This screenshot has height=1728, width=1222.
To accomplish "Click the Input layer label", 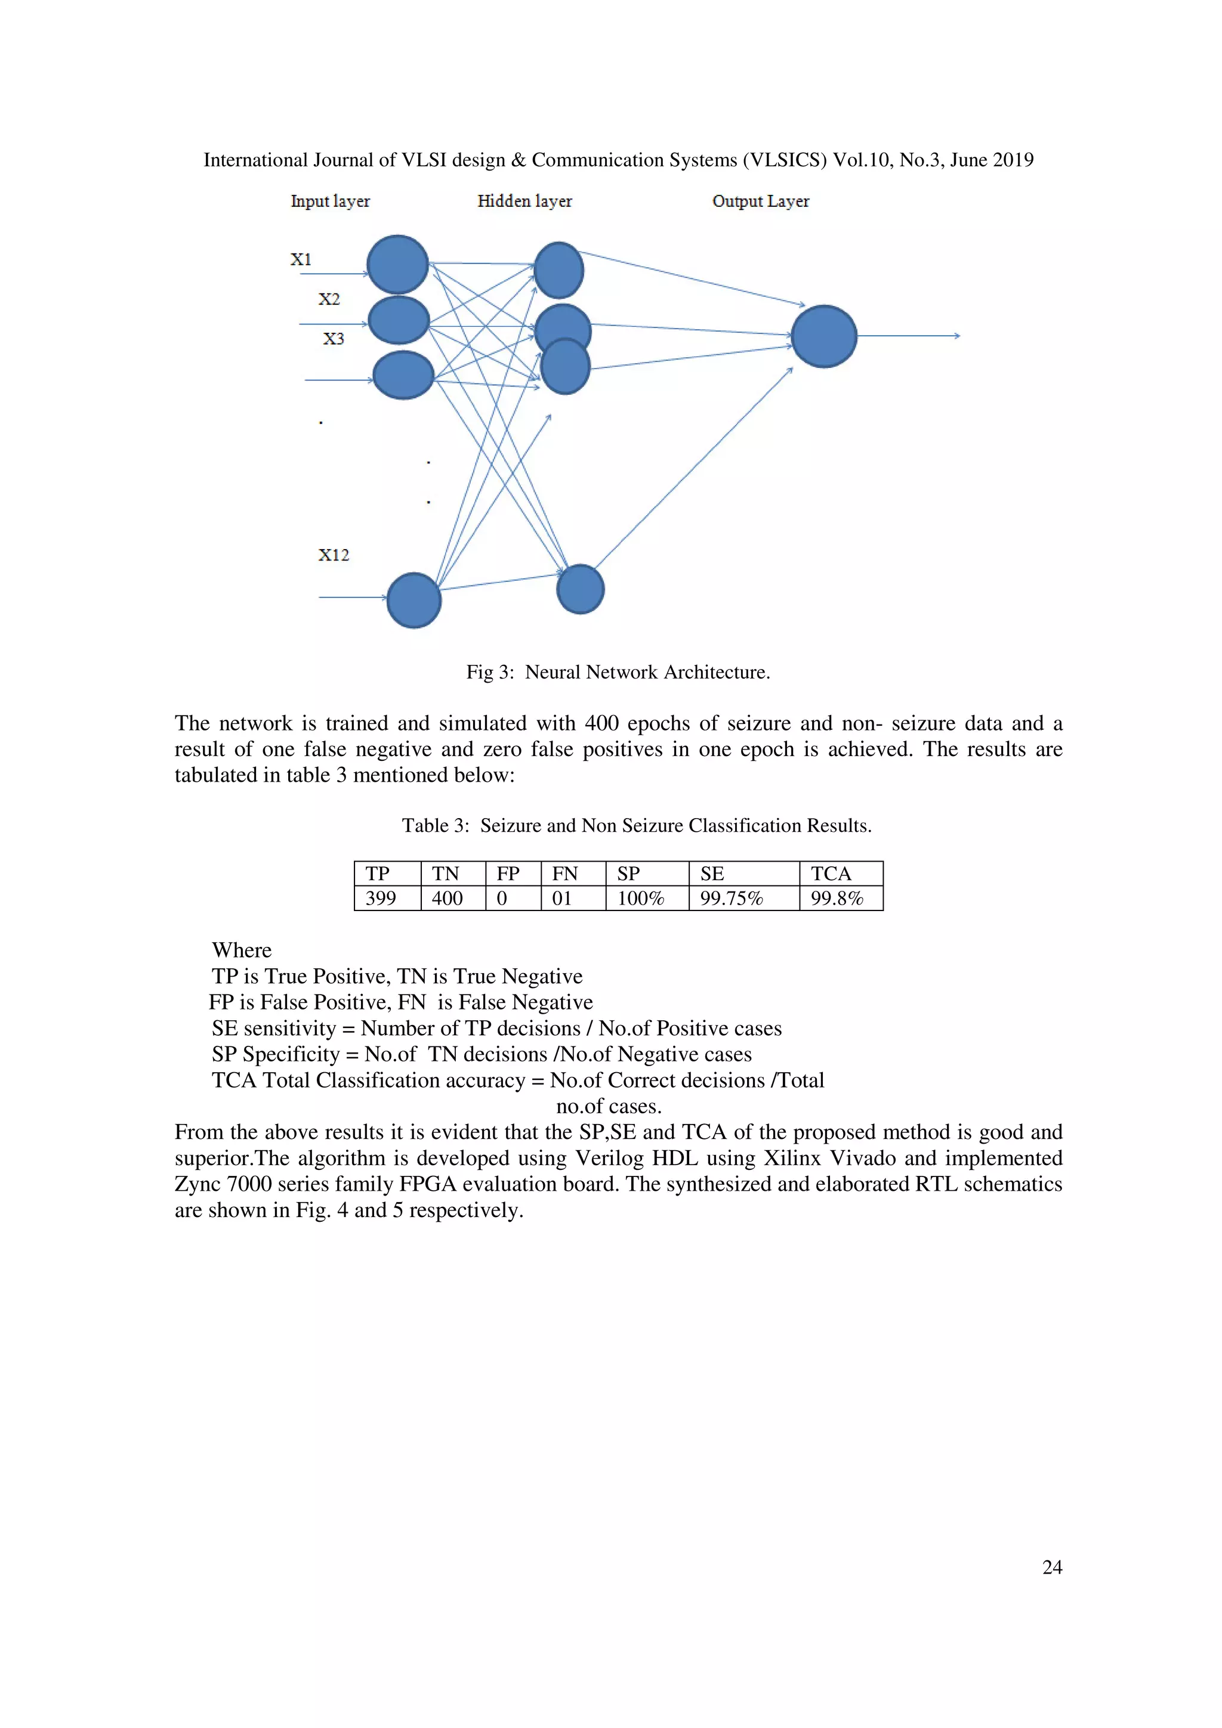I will (x=330, y=201).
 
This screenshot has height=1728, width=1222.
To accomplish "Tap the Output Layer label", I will (x=760, y=201).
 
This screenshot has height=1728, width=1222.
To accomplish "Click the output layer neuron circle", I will (x=823, y=336).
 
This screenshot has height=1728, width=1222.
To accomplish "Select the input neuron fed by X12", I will (x=413, y=600).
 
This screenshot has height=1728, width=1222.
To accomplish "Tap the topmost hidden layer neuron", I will (x=558, y=270).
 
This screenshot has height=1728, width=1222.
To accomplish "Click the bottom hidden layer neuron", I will (x=580, y=589).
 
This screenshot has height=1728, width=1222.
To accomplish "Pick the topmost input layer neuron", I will (x=397, y=264).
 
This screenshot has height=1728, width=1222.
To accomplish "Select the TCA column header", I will (x=831, y=874).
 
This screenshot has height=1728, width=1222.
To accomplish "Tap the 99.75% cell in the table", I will (x=731, y=898).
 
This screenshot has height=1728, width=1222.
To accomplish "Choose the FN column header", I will (x=564, y=874).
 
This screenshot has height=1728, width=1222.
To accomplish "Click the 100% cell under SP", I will (x=640, y=898).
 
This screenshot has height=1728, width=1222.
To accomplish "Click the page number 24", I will (x=1052, y=1567).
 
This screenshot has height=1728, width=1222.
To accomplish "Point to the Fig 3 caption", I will (x=618, y=672).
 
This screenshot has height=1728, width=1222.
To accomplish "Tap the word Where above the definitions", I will (x=241, y=950).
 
